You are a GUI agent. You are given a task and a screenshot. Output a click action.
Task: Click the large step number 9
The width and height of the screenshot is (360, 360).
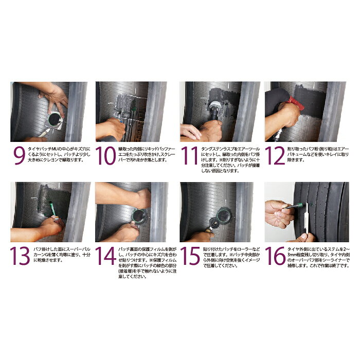(20, 156)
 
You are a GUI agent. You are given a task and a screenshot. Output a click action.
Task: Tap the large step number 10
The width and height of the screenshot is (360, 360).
(105, 156)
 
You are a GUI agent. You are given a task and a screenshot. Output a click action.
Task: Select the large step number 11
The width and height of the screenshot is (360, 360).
(190, 156)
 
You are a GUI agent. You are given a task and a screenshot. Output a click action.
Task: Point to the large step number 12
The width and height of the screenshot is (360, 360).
(275, 156)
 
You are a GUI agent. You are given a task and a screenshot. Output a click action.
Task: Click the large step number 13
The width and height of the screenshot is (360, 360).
(20, 256)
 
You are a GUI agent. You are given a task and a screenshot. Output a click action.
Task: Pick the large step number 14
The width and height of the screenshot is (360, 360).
(105, 256)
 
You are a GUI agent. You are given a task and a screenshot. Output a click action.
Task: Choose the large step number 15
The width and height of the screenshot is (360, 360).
(190, 256)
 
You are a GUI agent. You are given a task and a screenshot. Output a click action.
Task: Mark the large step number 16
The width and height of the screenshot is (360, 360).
(275, 256)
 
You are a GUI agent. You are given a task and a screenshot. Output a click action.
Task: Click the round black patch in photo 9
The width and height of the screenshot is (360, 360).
(55, 119)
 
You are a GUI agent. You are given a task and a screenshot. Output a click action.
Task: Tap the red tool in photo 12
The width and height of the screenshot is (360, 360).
(296, 103)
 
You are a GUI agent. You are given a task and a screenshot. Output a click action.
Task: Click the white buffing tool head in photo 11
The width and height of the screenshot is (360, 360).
(215, 105)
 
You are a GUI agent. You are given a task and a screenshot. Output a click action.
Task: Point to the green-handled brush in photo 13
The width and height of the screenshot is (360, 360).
(53, 209)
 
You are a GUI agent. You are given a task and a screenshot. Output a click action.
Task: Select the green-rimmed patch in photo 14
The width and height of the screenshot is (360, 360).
(139, 216)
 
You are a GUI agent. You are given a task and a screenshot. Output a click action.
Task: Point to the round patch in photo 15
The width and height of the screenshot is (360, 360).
(223, 215)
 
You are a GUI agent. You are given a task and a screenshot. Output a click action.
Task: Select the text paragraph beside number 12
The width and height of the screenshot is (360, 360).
(318, 154)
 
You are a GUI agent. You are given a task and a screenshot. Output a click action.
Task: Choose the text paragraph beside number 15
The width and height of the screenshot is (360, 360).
(231, 257)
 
